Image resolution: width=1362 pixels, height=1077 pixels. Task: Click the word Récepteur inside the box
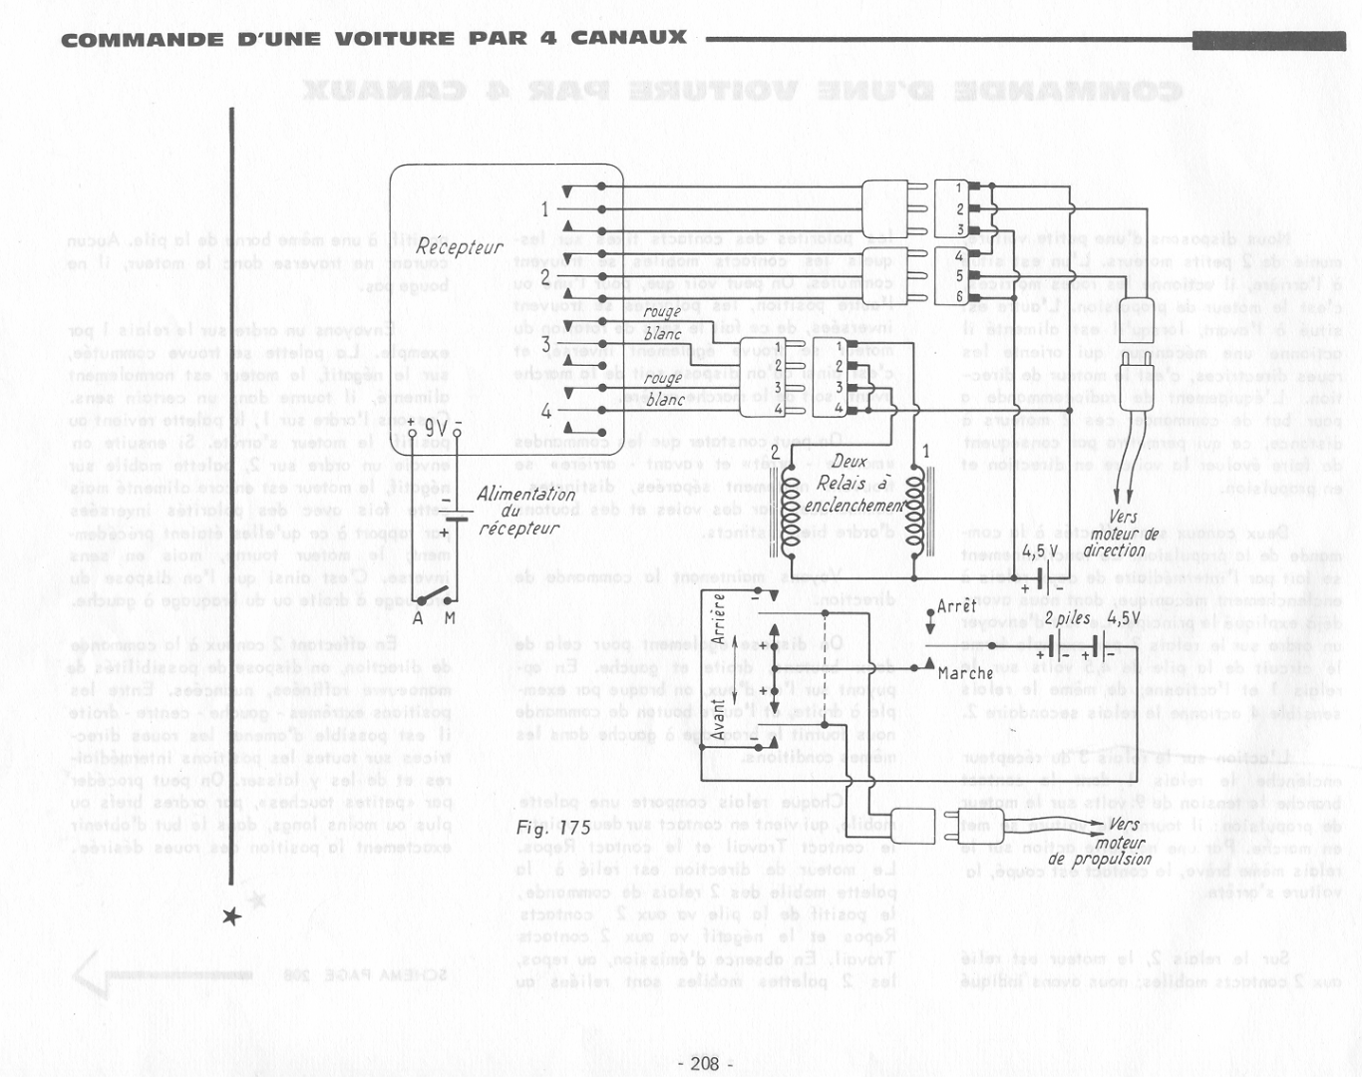tap(460, 245)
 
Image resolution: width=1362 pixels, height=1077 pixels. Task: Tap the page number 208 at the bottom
tap(704, 1063)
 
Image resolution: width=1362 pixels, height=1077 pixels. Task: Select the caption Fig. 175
tap(553, 828)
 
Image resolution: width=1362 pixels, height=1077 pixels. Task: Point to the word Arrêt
tap(957, 605)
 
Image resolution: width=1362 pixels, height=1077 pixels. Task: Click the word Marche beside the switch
tap(965, 673)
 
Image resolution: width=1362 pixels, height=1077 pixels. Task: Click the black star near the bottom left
tap(231, 915)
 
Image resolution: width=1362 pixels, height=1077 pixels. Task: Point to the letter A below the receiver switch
tap(419, 618)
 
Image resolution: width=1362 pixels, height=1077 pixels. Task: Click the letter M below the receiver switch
tap(450, 618)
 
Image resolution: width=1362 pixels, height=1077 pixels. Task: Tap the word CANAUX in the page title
tap(628, 38)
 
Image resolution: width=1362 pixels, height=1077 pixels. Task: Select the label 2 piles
tap(1067, 618)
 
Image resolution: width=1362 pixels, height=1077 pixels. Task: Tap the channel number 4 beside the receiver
tap(545, 411)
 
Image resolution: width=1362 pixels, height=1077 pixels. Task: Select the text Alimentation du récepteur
tap(523, 511)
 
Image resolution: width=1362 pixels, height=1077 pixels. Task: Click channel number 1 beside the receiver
tap(544, 209)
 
